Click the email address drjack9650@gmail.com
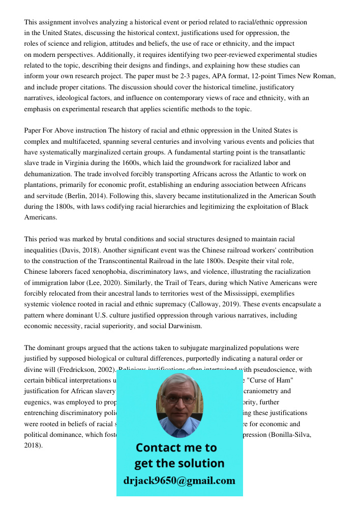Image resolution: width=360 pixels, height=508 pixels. (x=179, y=481)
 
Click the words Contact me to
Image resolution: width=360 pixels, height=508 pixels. (x=176, y=448)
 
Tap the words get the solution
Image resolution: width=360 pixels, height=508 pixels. (x=179, y=463)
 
